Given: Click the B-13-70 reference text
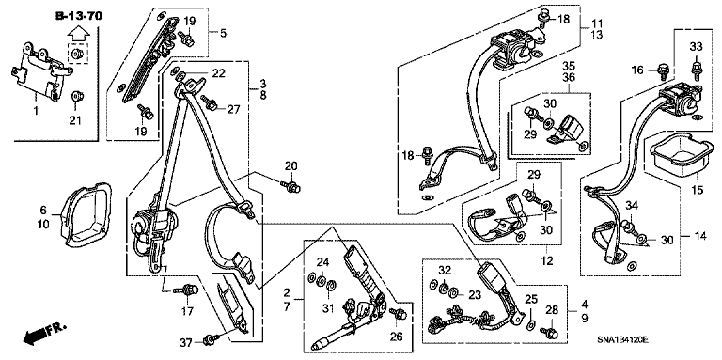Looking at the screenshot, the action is (x=79, y=16).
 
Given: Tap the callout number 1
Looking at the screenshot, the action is (x=36, y=111).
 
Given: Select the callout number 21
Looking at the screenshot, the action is (x=75, y=120).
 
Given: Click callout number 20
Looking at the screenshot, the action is (x=291, y=165).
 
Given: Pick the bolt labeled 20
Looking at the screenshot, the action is (x=290, y=186).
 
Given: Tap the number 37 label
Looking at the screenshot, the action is (x=186, y=341).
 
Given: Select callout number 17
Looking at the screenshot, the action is (x=187, y=312).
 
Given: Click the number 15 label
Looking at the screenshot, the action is (x=698, y=189).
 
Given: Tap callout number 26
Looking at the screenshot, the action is (x=397, y=337).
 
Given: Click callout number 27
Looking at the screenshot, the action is (x=233, y=109).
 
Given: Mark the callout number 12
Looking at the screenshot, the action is (x=546, y=261).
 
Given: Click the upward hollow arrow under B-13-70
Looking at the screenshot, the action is (x=78, y=33).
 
